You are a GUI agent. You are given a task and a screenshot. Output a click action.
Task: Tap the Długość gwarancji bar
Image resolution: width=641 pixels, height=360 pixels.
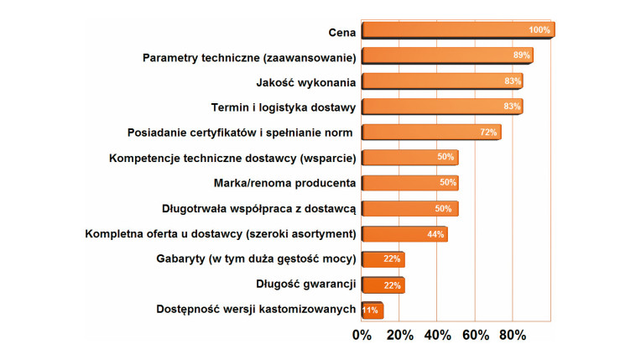tap(382, 285)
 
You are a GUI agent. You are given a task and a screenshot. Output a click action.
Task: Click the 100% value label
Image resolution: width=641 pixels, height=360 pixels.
tap(539, 30)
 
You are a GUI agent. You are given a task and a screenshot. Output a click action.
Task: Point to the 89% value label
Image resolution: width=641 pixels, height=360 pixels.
tap(521, 55)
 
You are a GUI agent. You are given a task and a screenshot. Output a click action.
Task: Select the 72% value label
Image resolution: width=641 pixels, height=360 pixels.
tap(488, 133)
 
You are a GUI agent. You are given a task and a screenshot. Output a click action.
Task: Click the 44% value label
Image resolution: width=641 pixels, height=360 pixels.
tap(435, 234)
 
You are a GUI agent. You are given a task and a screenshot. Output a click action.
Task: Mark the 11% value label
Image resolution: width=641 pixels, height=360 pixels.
tap(370, 310)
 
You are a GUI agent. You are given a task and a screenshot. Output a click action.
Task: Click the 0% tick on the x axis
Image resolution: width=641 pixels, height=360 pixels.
tap(362, 336)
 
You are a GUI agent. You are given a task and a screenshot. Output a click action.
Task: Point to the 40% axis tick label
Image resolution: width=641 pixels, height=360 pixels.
tap(437, 336)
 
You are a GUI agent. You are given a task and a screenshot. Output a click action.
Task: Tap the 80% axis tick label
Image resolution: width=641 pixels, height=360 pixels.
tap(513, 336)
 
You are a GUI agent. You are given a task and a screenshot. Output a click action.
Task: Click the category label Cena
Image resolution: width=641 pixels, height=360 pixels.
tap(342, 32)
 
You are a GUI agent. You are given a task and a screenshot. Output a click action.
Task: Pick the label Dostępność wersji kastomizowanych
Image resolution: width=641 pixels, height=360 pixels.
tap(257, 310)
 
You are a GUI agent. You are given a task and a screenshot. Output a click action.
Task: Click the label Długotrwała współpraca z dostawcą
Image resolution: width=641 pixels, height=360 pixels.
tap(260, 208)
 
